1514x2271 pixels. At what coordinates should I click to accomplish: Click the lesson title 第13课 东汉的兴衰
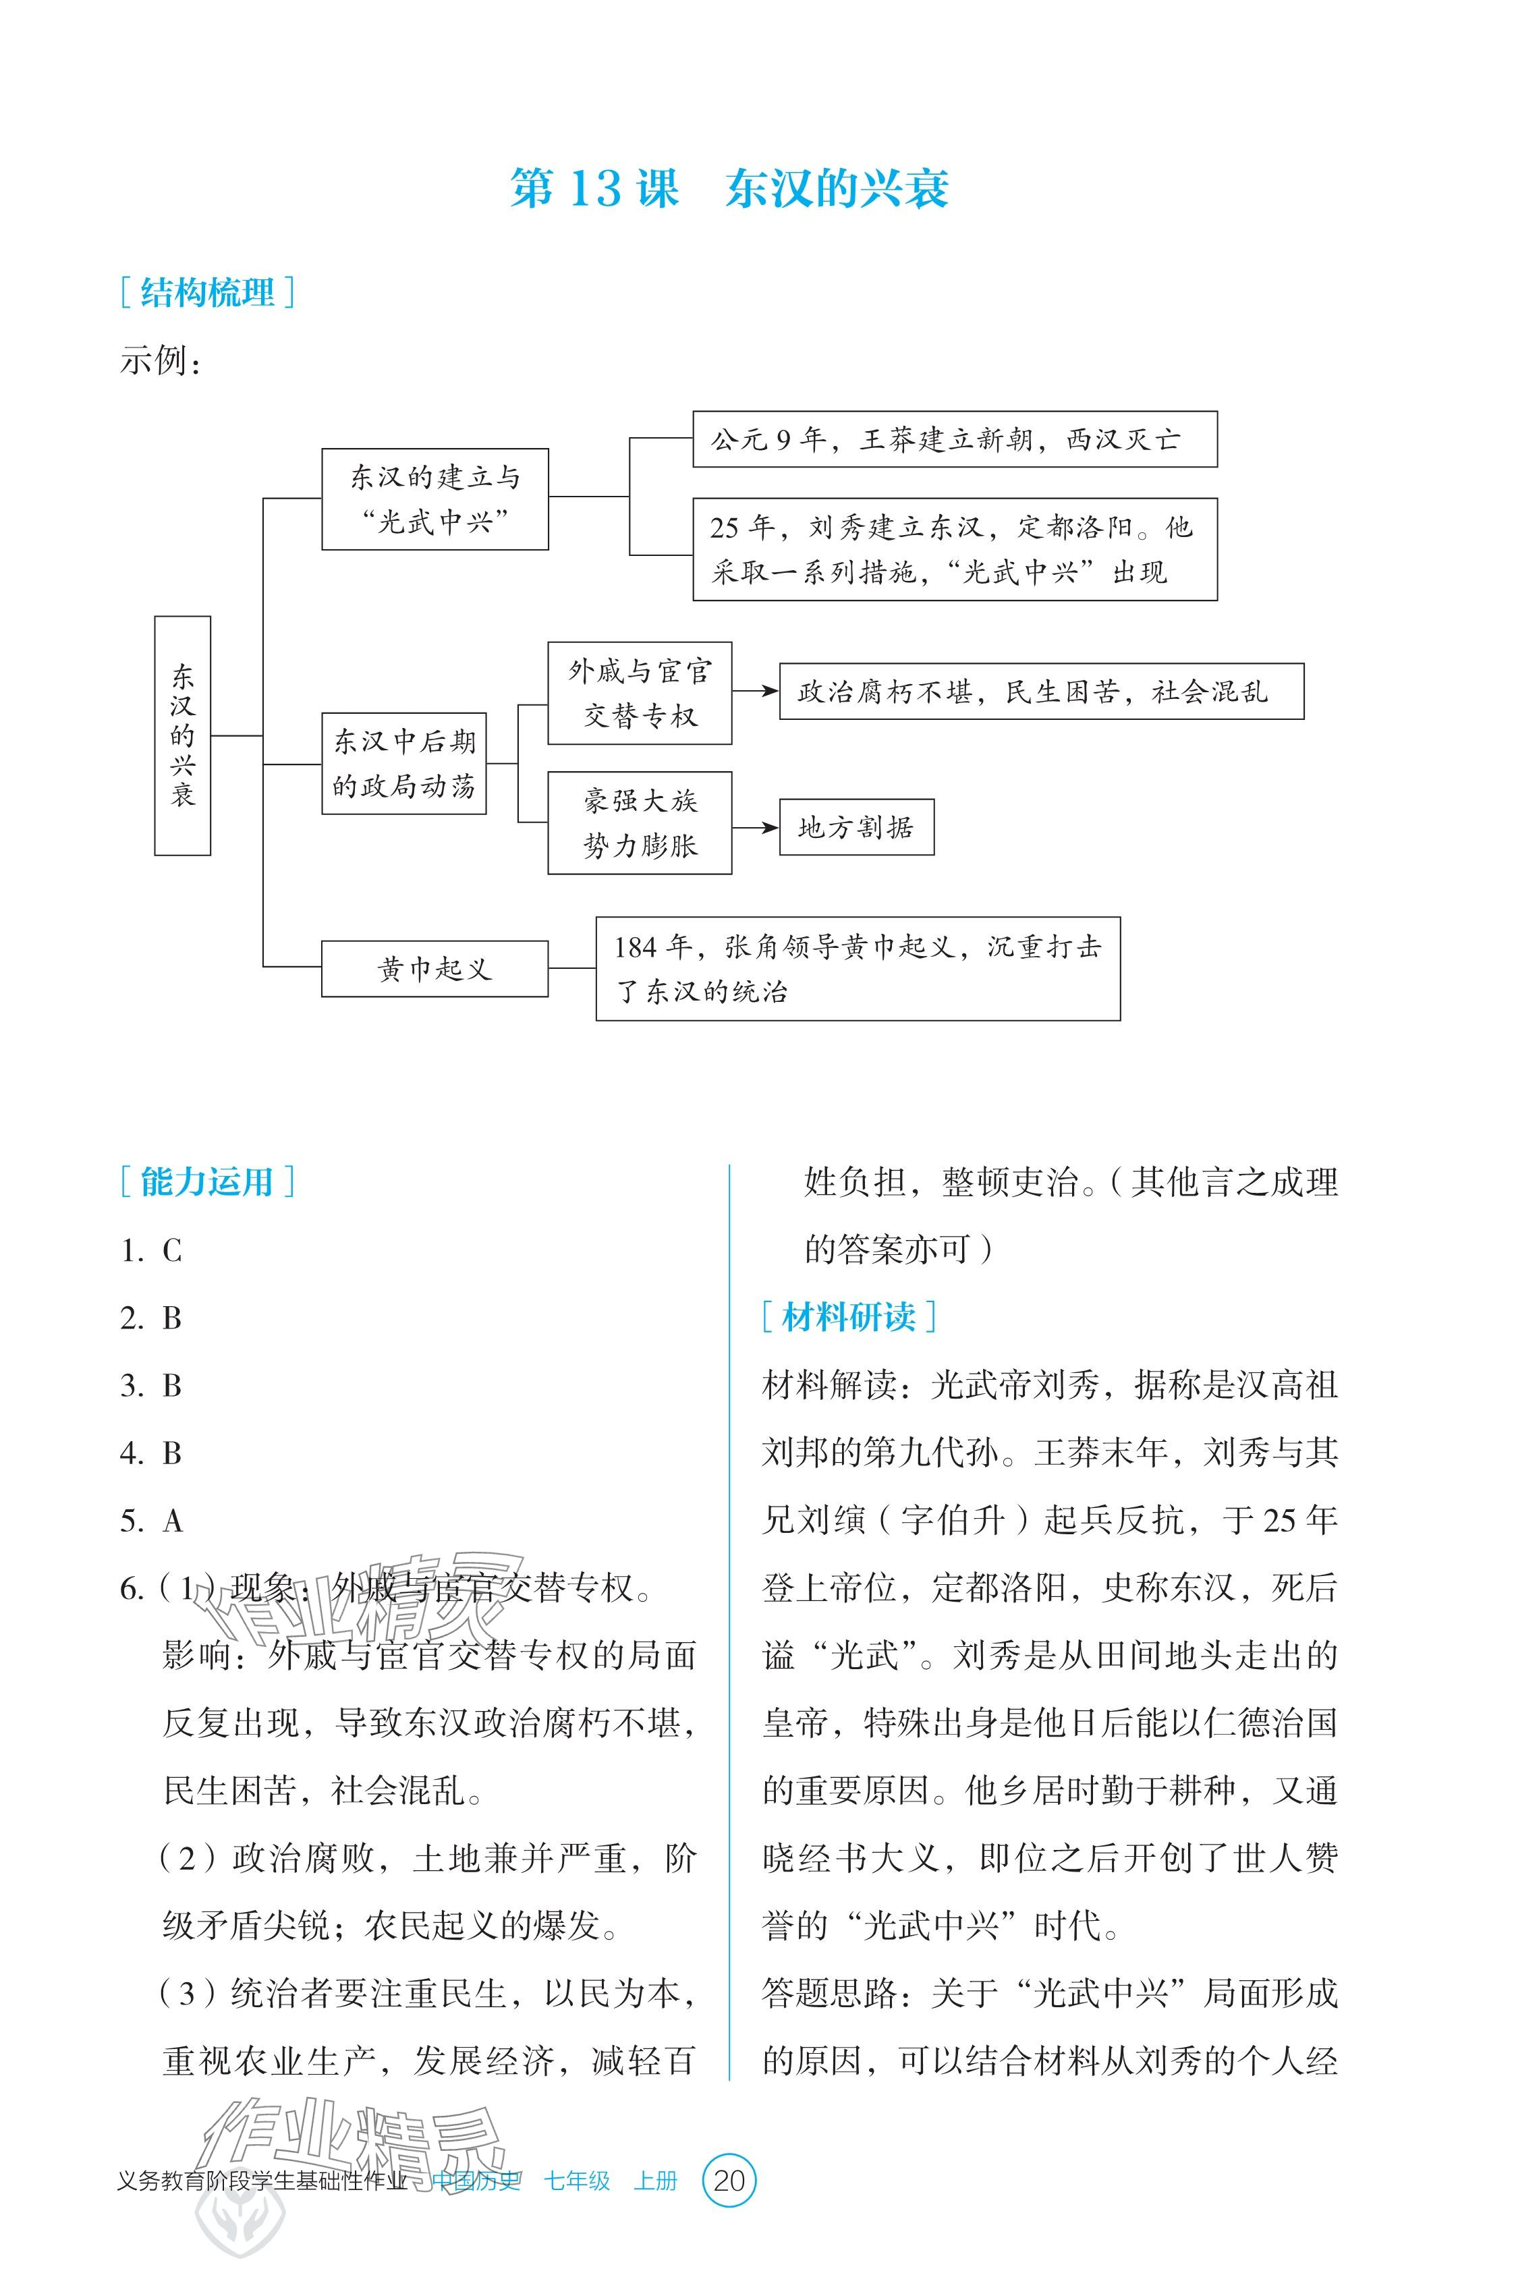729,188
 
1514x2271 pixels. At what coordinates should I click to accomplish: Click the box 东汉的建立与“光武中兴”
434,499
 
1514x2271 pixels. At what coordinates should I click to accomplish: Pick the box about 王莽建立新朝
954,439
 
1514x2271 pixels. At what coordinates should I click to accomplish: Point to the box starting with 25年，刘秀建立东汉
954,549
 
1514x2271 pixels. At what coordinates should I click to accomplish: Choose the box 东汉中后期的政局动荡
403,764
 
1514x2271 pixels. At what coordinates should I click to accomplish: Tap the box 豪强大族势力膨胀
639,822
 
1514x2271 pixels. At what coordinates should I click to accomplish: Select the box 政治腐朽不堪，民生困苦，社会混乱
1041,692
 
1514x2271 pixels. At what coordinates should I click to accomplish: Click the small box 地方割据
856,826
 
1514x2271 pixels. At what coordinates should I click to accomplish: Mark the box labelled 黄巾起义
434,968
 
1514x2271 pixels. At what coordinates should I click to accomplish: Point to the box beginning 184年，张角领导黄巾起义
858,968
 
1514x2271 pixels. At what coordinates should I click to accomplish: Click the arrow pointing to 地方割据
755,826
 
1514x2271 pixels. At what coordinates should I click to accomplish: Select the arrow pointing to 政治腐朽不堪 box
755,692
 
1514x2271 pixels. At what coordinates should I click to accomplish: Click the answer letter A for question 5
173,1521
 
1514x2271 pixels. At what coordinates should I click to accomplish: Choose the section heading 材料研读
848,1316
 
